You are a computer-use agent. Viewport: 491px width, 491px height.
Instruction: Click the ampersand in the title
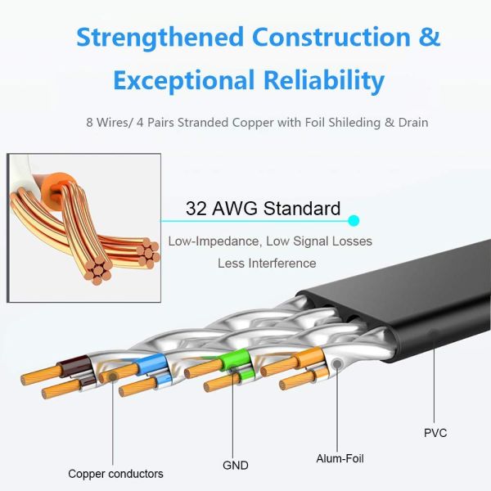click(429, 37)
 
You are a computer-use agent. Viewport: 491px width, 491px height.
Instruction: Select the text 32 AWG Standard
click(263, 209)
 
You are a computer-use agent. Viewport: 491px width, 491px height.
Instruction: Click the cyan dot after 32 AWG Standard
click(354, 220)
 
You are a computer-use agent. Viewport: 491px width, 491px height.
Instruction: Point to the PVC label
click(436, 431)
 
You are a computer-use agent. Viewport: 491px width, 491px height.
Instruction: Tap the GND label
click(236, 466)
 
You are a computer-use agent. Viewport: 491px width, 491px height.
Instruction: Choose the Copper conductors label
click(115, 473)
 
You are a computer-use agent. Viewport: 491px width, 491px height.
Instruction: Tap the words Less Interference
click(267, 263)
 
